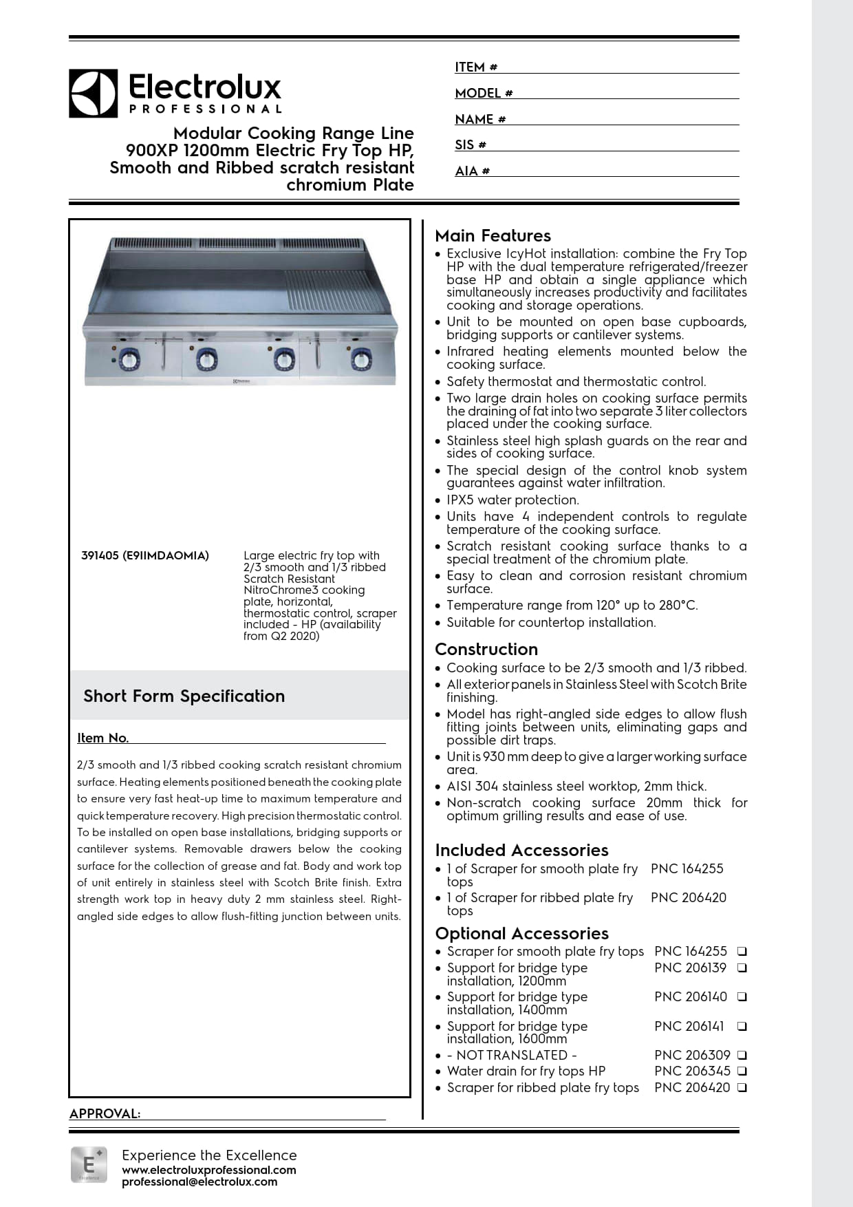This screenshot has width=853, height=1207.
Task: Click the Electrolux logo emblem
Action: [x=93, y=94]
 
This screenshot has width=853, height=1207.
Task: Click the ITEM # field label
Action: [x=476, y=67]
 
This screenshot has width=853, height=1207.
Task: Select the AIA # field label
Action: [x=472, y=171]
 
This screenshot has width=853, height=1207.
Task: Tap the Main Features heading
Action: [x=493, y=236]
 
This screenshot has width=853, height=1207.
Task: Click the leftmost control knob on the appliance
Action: [x=128, y=359]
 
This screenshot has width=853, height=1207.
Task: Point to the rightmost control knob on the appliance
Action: [x=360, y=359]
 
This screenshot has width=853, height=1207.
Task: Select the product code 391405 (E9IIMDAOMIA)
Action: [x=145, y=555]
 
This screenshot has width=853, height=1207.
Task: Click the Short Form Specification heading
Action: [x=184, y=696]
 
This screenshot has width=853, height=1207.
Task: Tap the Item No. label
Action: [x=103, y=738]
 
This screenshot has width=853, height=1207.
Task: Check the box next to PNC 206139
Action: [x=742, y=968]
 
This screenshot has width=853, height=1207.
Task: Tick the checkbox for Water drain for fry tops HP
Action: [x=742, y=1071]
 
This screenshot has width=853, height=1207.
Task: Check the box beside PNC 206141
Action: [x=742, y=1027]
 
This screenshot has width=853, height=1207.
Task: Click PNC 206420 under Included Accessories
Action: [x=688, y=898]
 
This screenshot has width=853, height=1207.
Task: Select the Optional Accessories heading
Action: [x=521, y=934]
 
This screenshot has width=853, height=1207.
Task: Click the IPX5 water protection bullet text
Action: [x=512, y=500]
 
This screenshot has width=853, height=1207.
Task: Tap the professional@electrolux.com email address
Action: [x=199, y=1182]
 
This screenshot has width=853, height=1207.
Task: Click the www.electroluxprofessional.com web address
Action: [x=209, y=1170]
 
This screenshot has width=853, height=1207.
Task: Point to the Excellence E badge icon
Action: [x=89, y=1164]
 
